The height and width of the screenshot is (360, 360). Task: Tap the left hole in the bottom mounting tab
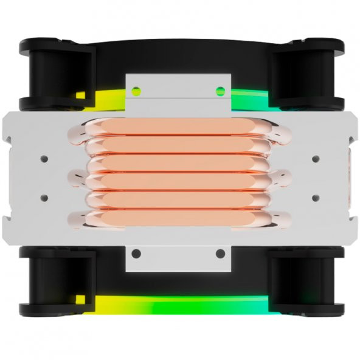(x=137, y=254)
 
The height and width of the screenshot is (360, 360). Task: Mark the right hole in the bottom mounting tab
(x=220, y=254)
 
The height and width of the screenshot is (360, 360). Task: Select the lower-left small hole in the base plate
(x=44, y=198)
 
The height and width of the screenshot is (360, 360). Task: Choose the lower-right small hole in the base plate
(x=315, y=198)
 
